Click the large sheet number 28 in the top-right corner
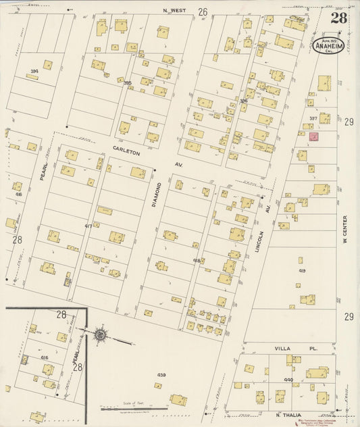tap(338, 18)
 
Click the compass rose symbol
tap(101, 334)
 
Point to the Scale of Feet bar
tap(130, 408)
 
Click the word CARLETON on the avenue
tap(126, 153)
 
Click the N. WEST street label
tap(174, 11)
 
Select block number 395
tap(127, 82)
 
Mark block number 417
tap(88, 225)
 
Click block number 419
tap(301, 270)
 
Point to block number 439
tap(161, 374)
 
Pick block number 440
tap(288, 380)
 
